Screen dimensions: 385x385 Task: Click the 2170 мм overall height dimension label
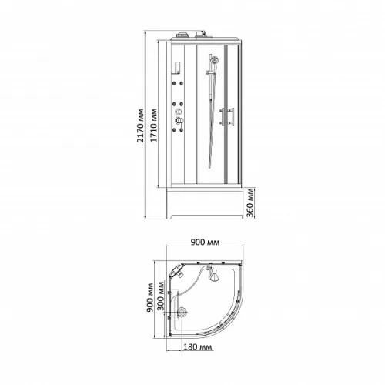click(140, 126)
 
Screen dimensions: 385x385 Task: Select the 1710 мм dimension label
click(153, 126)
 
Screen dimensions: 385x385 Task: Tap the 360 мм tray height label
click(249, 203)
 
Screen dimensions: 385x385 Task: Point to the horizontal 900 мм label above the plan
click(205, 242)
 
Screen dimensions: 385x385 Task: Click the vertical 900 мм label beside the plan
click(150, 298)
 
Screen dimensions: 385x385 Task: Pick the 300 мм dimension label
click(161, 296)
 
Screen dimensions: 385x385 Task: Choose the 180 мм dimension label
click(198, 347)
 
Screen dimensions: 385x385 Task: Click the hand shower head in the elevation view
click(213, 61)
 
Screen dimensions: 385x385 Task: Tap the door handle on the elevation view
click(226, 116)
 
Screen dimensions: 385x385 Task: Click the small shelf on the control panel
click(178, 68)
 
